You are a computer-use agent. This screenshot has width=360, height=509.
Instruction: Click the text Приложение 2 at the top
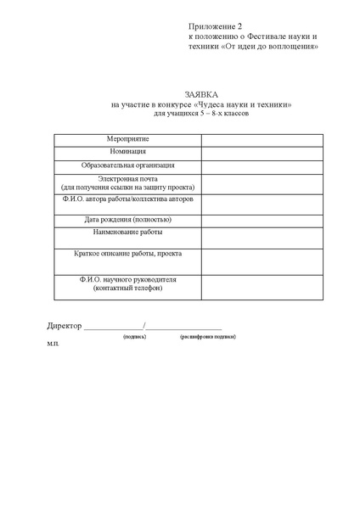215,28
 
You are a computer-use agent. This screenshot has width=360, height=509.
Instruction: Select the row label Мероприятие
127,137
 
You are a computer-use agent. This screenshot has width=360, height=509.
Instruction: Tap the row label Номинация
127,151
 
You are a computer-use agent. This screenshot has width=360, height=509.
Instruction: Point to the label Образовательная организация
127,165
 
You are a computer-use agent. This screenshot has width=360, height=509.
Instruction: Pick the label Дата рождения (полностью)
127,219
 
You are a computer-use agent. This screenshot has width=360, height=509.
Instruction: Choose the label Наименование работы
127,232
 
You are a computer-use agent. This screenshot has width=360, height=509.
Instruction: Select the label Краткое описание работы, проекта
127,254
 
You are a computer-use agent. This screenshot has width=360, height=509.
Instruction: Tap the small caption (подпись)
134,337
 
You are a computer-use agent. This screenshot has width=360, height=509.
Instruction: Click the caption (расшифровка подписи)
208,337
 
